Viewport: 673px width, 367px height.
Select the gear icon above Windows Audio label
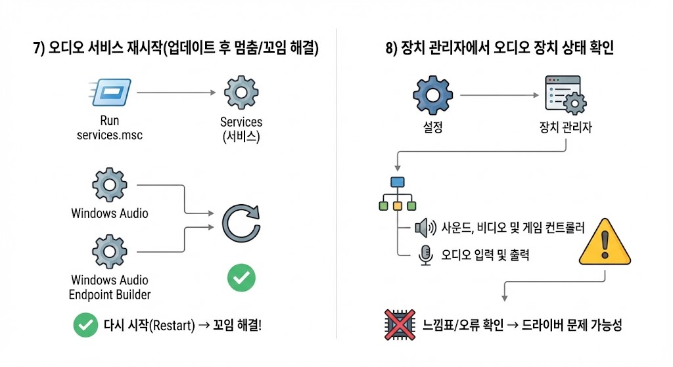[110, 185]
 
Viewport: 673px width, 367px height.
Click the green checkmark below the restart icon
[241, 278]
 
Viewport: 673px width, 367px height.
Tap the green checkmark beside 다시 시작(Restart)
[85, 325]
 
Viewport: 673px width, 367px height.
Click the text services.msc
[110, 135]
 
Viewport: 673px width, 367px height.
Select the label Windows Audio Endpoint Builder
[110, 288]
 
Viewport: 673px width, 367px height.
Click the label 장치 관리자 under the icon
[565, 127]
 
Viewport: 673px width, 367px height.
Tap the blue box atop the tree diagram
[396, 183]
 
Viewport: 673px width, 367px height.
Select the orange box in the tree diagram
[396, 206]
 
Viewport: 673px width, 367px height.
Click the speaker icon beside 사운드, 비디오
[425, 228]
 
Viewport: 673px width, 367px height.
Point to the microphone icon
[425, 255]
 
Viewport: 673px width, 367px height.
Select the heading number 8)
[392, 49]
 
